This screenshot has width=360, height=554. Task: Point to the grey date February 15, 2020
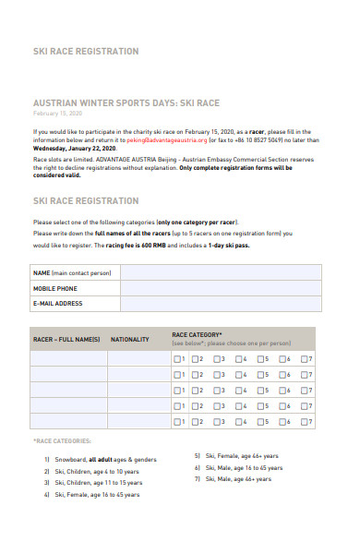coord(57,114)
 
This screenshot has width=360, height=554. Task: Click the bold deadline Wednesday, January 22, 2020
coord(75,148)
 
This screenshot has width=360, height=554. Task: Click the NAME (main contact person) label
coord(72,273)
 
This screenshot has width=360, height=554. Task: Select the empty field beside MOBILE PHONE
coord(222,288)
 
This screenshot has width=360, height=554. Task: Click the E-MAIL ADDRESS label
coord(58,303)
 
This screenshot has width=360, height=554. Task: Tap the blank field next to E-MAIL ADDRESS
coord(222,303)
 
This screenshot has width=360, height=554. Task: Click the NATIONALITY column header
coord(130,340)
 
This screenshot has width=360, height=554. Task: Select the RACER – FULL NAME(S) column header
coord(66,340)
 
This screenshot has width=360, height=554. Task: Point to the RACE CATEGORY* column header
coord(197,334)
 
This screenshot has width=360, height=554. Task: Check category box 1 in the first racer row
coord(176,359)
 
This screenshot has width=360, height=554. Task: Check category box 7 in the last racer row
coord(305,421)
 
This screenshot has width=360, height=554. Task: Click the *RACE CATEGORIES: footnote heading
coord(62,441)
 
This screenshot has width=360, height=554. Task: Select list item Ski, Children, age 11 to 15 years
coord(98,483)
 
